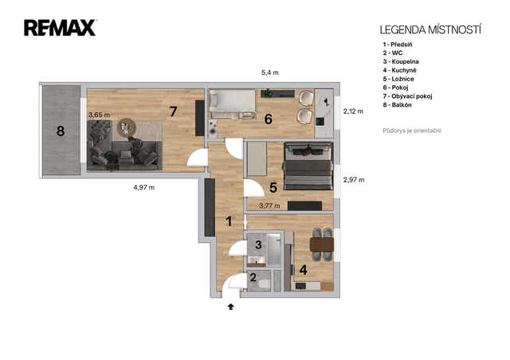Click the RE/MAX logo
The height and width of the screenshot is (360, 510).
61,28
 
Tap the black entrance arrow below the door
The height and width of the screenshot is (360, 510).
231,307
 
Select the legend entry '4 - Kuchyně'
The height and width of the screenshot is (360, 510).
399,70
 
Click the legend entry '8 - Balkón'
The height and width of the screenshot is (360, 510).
397,104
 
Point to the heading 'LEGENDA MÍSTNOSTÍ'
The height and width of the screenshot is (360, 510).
430,30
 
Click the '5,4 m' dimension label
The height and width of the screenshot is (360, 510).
270,72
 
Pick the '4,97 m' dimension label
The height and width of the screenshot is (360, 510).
143,187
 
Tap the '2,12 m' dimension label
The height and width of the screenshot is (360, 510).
353,112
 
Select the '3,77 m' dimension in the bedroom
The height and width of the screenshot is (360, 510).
269,205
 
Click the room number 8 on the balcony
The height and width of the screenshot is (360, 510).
61,131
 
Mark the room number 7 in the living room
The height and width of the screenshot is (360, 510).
174,112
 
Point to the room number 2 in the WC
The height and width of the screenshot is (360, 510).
253,277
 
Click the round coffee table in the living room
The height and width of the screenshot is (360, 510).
127,127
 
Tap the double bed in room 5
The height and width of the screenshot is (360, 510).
308,166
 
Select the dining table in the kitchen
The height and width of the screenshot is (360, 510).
322,245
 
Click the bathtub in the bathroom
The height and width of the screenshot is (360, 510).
274,250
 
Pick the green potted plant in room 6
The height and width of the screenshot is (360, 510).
269,93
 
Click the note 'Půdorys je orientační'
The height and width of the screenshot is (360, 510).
412,131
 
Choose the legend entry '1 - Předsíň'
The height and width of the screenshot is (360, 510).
398,45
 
